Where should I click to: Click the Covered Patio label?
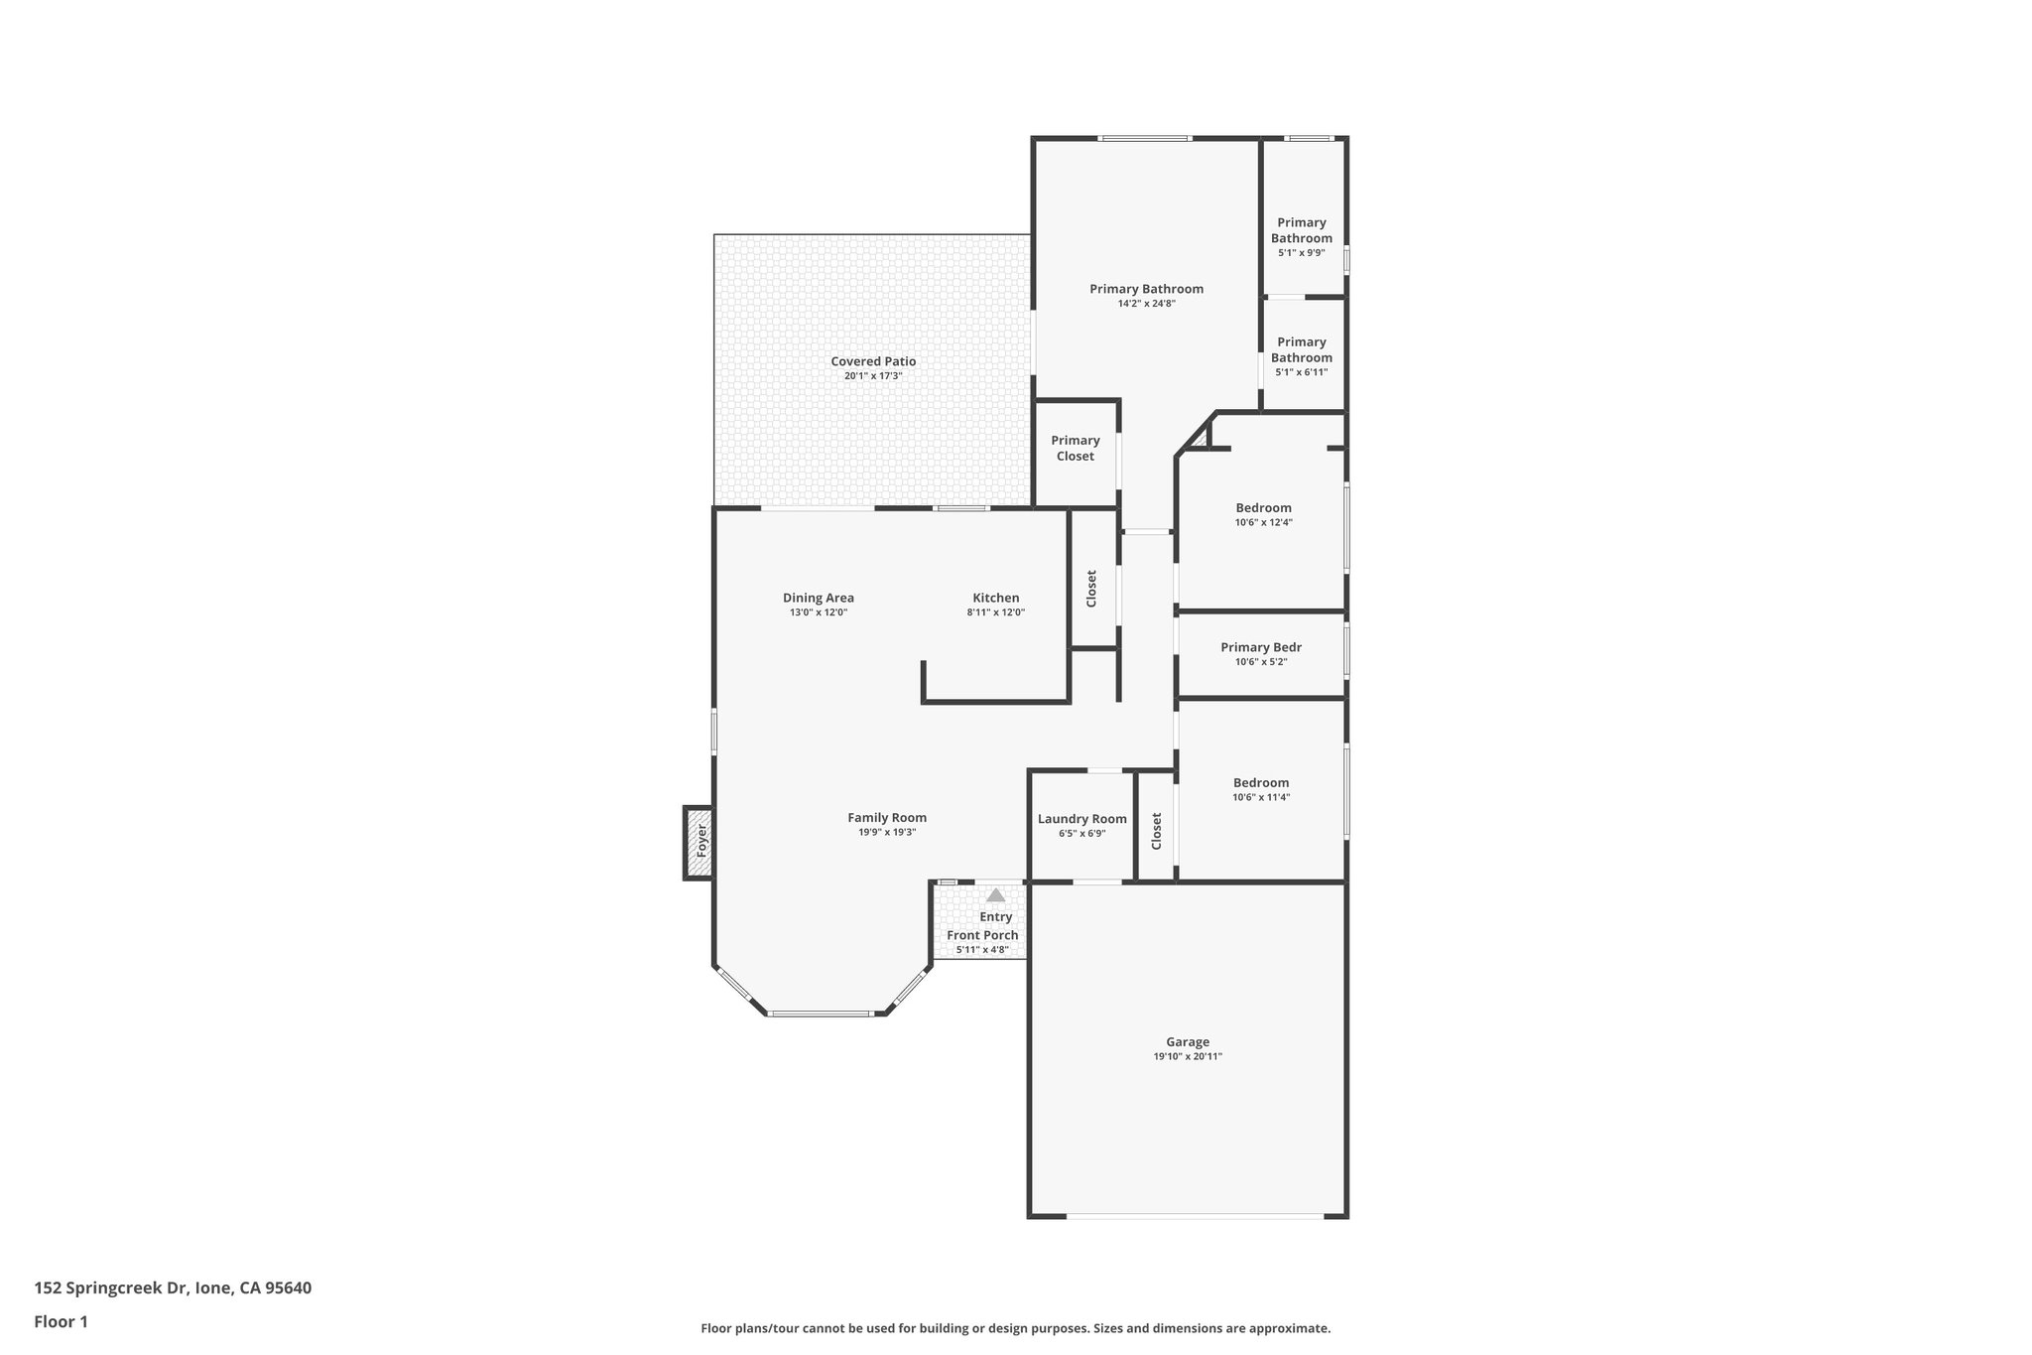point(873,361)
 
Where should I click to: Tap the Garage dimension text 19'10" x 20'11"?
point(1187,1056)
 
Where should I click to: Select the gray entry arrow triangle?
point(995,895)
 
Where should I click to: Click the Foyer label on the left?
point(701,841)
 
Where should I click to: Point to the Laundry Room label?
point(1081,819)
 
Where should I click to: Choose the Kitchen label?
point(995,598)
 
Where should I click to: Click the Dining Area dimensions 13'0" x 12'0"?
point(818,612)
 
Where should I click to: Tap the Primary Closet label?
point(1075,448)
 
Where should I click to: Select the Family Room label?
point(886,818)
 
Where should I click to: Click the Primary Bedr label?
point(1260,647)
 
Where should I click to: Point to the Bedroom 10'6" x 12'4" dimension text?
point(1263,522)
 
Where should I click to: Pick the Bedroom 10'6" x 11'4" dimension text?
point(1261,797)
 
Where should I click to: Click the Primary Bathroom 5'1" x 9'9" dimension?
point(1301,252)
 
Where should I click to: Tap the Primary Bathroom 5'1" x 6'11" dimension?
point(1301,372)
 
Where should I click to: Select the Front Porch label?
point(982,935)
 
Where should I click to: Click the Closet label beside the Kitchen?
point(1091,588)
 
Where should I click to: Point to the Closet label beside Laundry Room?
point(1156,831)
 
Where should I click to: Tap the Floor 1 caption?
point(61,1321)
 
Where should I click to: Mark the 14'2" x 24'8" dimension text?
point(1146,304)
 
